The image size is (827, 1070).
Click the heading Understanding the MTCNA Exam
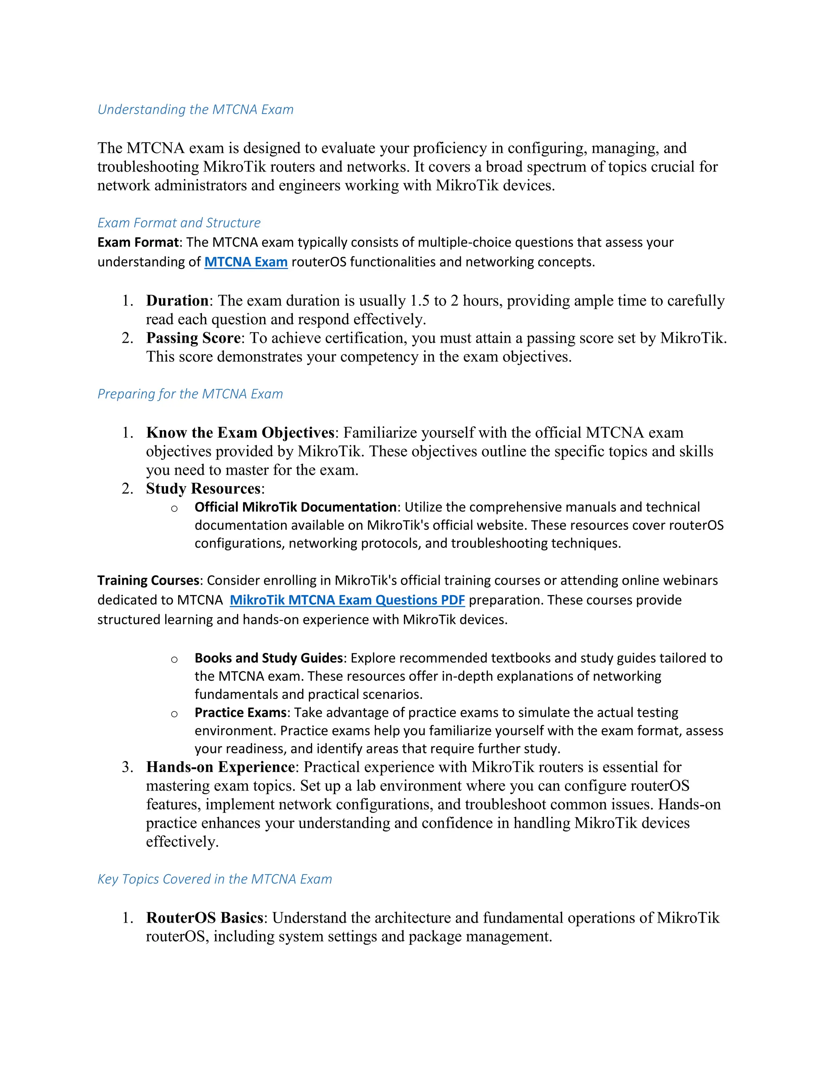[195, 109]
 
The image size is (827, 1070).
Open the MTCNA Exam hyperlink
[246, 262]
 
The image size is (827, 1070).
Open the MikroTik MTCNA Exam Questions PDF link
[347, 600]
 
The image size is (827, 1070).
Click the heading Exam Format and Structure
[179, 223]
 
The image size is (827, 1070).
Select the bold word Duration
[177, 300]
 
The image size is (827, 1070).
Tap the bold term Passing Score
[193, 338]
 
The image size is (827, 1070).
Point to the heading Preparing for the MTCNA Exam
[190, 394]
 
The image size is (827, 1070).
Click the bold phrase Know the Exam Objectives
[240, 432]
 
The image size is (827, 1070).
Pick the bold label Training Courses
[149, 581]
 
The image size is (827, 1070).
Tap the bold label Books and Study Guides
[269, 658]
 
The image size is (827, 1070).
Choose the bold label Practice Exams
[241, 712]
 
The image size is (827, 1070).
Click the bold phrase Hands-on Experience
[220, 767]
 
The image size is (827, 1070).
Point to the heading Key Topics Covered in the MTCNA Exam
[214, 879]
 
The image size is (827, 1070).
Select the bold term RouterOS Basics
[205, 918]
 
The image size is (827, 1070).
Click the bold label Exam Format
[138, 243]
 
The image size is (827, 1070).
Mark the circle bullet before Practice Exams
[174, 714]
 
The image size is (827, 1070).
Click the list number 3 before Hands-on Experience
[127, 767]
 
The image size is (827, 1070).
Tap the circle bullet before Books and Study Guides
[174, 659]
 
